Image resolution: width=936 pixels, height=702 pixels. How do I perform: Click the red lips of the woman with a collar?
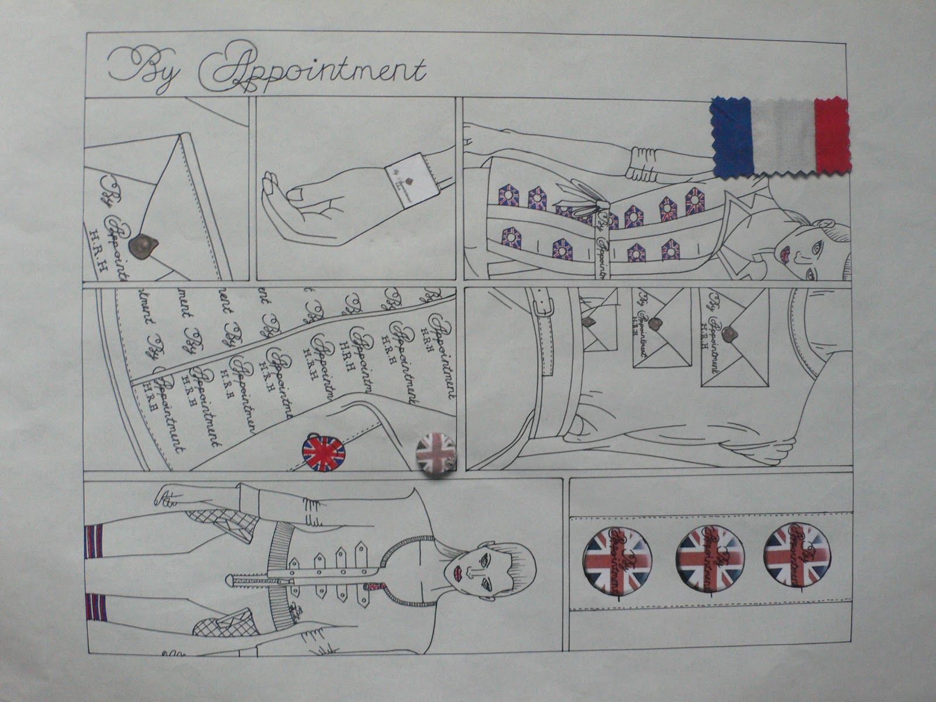pyautogui.click(x=786, y=253)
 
